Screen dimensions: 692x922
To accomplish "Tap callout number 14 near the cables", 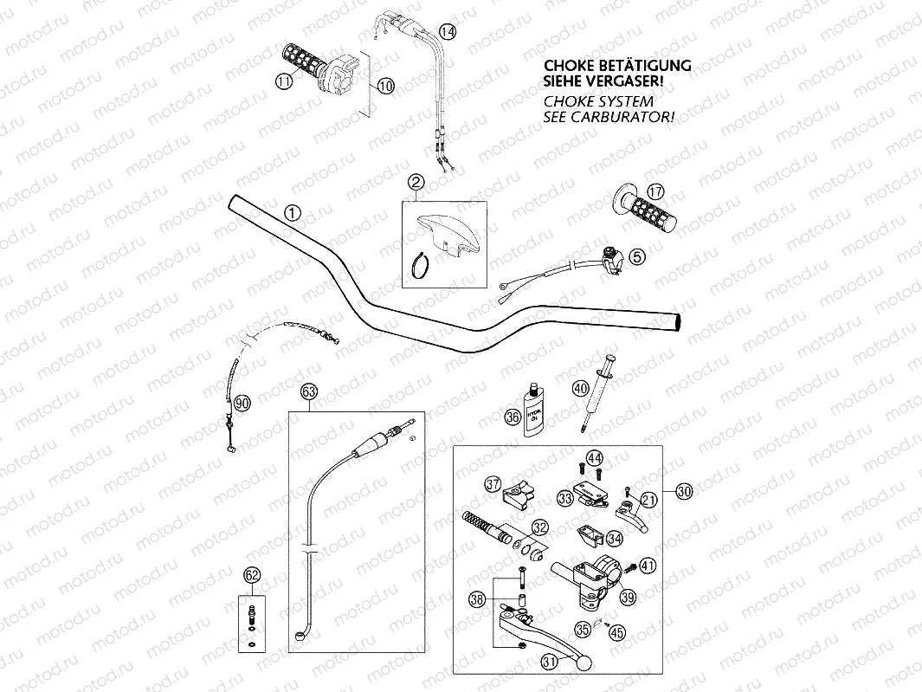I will pos(447,32).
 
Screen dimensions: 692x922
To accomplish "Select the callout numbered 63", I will pos(310,391).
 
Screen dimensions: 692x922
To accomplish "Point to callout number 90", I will pos(242,402).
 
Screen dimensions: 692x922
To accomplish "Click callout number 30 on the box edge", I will pos(684,492).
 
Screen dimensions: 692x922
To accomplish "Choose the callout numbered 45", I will pos(616,632).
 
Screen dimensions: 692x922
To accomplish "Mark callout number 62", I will pos(252,574).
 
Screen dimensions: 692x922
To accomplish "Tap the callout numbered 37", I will pos(493,483).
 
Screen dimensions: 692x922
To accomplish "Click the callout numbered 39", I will pos(629,596).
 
